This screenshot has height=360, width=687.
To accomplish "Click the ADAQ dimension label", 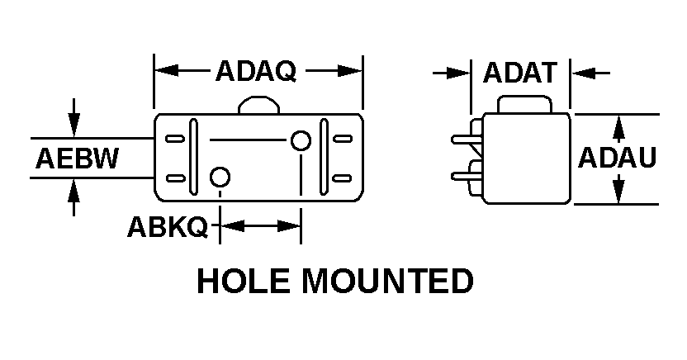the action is click(256, 71).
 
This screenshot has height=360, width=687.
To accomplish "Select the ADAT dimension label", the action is click(520, 73).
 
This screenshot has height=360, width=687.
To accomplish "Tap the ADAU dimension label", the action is click(617, 158).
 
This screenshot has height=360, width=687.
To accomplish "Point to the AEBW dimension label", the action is click(77, 158).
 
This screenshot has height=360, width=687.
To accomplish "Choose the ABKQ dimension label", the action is click(168, 227).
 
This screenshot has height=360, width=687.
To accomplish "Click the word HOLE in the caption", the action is click(243, 281).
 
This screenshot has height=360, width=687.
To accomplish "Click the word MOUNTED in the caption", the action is click(388, 281).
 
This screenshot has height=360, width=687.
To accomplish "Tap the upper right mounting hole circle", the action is click(301, 141).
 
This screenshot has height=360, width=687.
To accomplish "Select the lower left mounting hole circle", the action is click(220, 178).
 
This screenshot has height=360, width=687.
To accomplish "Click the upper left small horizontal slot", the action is click(175, 139).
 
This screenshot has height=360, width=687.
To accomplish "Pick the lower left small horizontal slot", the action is click(175, 178).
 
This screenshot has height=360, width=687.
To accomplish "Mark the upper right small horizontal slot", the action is click(343, 139).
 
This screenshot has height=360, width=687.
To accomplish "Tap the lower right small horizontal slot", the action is click(342, 178).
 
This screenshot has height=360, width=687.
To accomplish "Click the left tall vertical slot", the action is click(192, 157).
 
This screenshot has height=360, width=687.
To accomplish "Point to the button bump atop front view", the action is click(259, 105).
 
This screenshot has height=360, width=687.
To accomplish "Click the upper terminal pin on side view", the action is click(467, 140).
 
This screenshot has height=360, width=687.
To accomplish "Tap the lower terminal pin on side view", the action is click(467, 177).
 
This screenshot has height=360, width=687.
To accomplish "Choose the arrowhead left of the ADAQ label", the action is click(167, 70).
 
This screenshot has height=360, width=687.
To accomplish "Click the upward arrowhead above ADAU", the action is click(618, 128).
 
